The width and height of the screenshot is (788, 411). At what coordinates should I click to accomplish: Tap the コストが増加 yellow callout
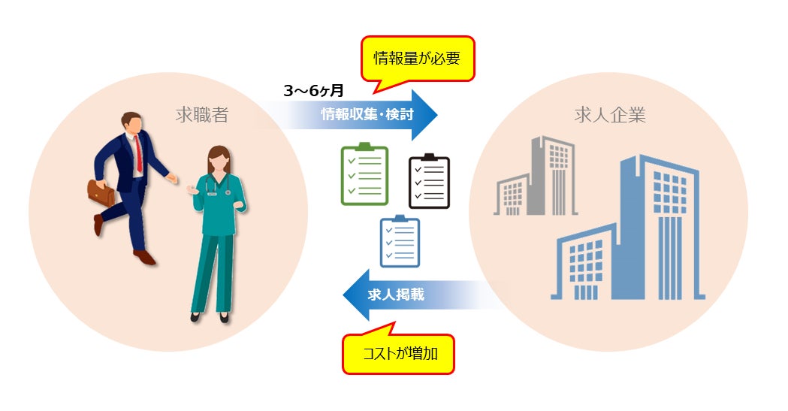pyautogui.click(x=399, y=353)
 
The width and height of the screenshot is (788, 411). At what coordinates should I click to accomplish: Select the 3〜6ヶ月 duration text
pyautogui.click(x=313, y=91)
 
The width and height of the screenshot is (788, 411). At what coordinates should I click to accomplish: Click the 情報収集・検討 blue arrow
pyautogui.click(x=368, y=115)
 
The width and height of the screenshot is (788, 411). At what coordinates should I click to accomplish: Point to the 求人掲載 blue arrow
pyautogui.click(x=406, y=295)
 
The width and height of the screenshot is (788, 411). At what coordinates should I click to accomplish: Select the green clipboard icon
pyautogui.click(x=364, y=174)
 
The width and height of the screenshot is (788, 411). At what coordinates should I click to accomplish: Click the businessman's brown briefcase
pyautogui.click(x=101, y=193)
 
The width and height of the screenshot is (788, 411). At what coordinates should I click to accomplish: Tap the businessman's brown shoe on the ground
pyautogui.click(x=144, y=257)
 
